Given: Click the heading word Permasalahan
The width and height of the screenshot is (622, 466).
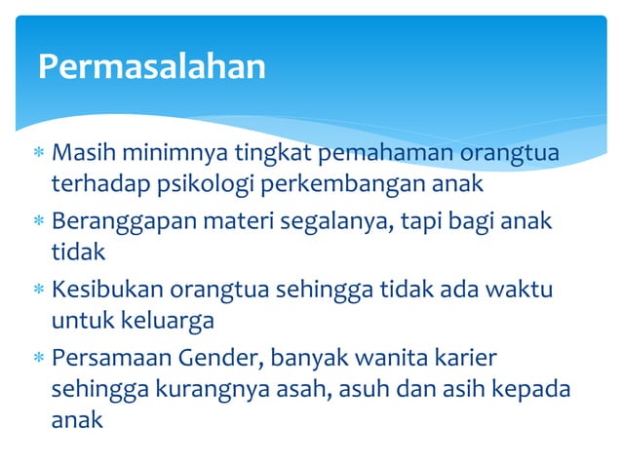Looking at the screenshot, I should click(151, 66).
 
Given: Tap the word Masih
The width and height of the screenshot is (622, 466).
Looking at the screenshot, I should click(79, 154).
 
